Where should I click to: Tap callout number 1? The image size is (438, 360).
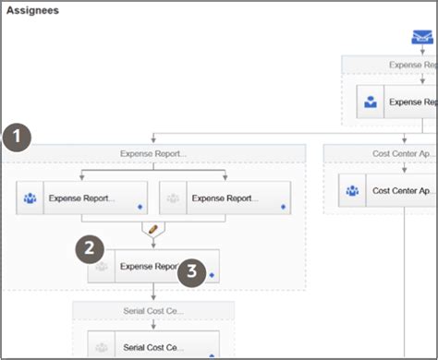pos(17,138)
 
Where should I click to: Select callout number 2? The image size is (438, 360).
pos(90,247)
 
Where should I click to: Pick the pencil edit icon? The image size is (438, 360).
pos(153,228)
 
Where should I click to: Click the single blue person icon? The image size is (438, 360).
pos(370,102)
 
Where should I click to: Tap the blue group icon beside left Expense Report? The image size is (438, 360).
pos(30,198)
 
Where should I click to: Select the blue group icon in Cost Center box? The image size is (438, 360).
pos(352,191)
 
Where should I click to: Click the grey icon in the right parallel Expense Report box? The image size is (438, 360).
pos(173,198)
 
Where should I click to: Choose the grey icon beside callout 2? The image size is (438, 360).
pos(103,268)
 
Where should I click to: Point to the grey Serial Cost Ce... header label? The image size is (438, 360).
pos(152,311)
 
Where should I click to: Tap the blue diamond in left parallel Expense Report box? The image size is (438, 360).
pos(139,207)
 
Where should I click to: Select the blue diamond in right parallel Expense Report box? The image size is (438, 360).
pos(283,207)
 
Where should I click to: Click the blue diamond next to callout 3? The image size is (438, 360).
pos(212,274)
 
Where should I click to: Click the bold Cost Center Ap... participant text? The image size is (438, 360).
pos(403,191)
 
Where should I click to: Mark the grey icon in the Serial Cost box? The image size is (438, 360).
pos(103,346)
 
